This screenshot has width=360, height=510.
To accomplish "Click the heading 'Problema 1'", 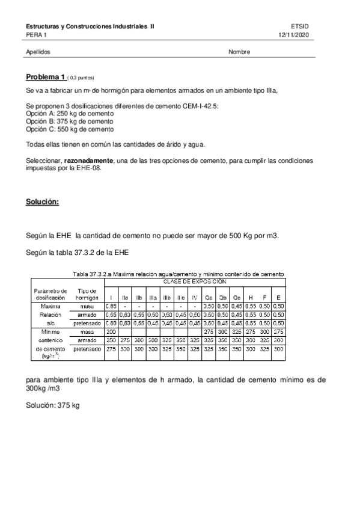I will pos(45,77).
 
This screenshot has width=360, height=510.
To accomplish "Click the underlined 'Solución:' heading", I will pos(42,202).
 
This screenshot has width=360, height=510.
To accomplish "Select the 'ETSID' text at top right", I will pos(299,27).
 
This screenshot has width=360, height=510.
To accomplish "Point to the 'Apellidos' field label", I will pos(38,52).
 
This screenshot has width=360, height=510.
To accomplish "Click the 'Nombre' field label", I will pos(239,52).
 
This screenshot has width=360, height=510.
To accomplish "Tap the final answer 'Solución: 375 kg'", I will pos(53,406).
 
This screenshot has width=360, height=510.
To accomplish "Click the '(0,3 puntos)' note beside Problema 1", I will pos(81,78).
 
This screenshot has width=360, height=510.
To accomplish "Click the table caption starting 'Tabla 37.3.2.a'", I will pos(178,274).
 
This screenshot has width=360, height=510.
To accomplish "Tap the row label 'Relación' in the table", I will pos(46,314).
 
